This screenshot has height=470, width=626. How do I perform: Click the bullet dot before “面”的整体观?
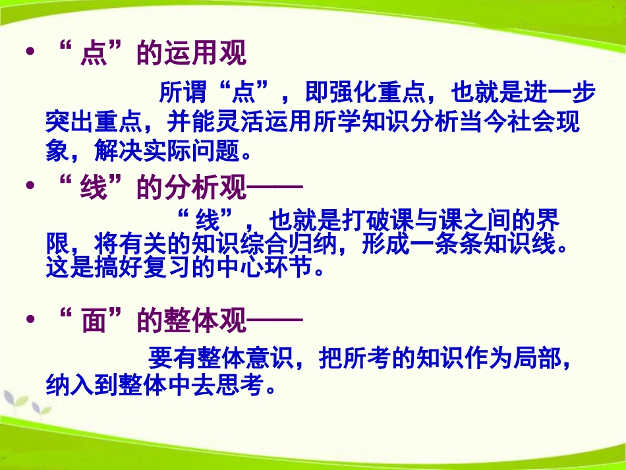(29, 321)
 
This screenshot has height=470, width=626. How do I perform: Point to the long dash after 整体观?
(274, 322)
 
